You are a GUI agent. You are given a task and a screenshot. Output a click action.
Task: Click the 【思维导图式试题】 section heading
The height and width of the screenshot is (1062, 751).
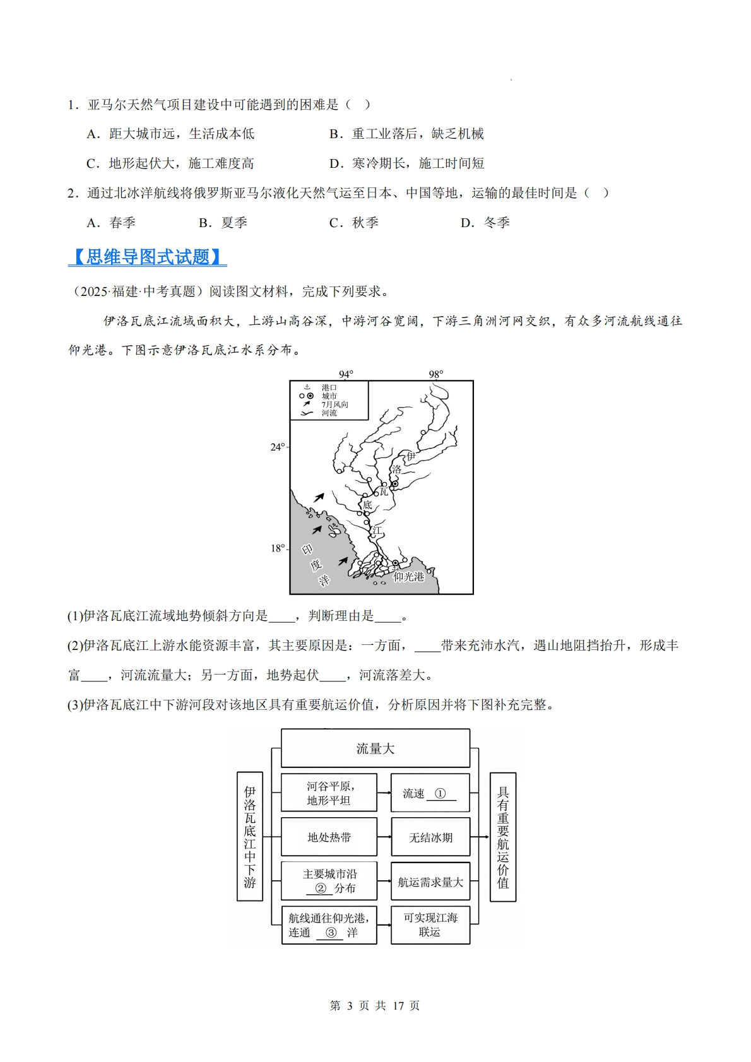147,257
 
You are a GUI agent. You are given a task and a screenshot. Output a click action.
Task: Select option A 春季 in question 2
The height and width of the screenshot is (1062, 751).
111,223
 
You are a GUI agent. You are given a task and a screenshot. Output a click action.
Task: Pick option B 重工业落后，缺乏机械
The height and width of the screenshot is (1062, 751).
406,134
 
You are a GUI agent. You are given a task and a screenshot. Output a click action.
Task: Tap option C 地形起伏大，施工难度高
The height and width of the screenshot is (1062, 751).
170,163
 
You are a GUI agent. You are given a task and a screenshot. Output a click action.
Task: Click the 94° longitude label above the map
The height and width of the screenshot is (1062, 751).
346,374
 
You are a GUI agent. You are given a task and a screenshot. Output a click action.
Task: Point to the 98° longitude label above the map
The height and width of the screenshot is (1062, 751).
436,374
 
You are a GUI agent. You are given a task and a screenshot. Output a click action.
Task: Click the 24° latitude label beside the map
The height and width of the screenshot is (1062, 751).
278,447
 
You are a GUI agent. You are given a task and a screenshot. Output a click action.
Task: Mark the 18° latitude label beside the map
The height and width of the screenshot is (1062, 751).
278,548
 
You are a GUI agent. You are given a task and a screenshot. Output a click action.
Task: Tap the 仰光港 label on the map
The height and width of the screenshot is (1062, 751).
408,576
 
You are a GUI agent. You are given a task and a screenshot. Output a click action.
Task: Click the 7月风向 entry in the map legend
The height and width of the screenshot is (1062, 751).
334,404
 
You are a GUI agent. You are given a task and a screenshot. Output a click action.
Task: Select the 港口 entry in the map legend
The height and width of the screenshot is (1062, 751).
329,387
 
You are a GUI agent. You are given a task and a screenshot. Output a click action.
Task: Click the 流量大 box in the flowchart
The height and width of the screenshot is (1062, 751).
375,748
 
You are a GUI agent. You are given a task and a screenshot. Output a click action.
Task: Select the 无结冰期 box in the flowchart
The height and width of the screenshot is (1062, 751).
430,837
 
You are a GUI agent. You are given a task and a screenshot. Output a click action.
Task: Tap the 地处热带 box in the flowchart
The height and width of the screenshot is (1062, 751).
329,837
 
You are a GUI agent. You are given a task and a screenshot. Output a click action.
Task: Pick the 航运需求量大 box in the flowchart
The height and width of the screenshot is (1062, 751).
430,882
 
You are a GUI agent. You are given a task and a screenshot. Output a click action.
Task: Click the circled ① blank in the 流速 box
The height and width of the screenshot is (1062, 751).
441,794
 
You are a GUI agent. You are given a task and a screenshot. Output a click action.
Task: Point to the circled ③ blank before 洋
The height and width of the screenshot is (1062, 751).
331,933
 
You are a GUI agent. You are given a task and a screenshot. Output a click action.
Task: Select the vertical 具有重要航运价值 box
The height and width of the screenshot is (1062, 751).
503,837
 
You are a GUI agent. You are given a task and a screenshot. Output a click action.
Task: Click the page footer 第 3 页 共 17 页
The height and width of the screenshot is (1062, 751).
375,1005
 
